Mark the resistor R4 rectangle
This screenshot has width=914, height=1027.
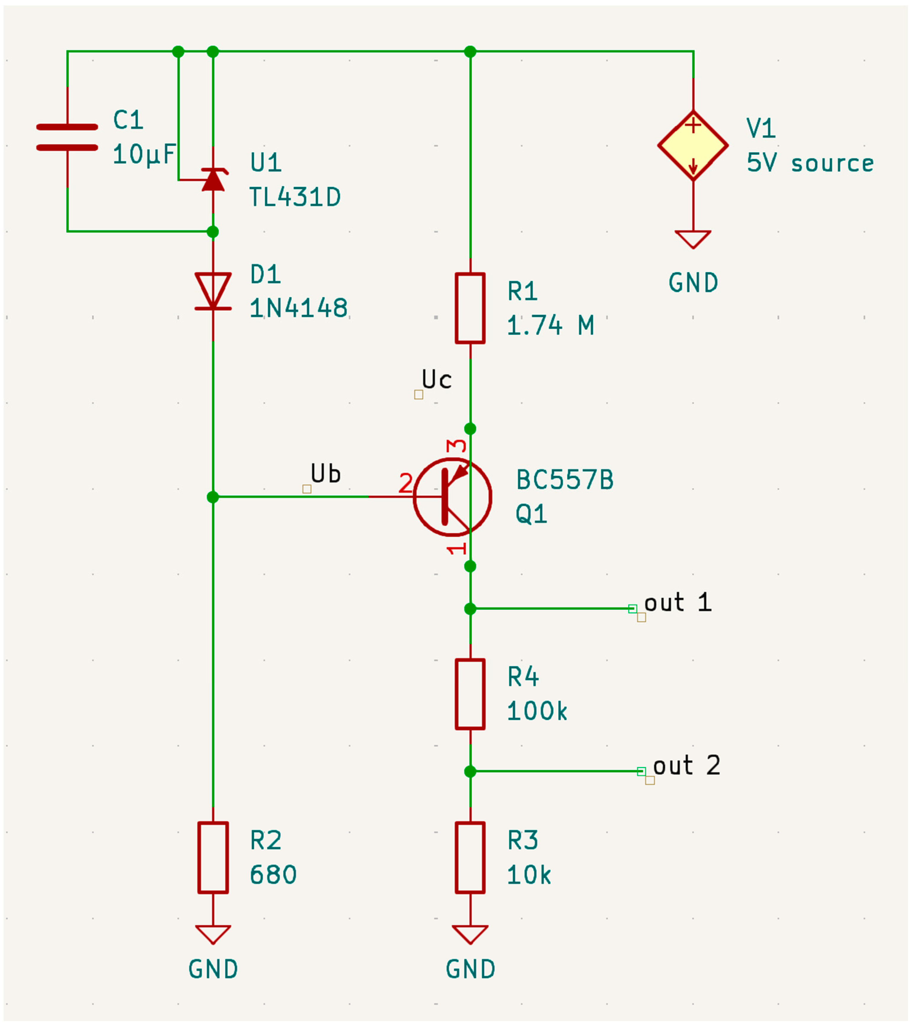[x=470, y=694]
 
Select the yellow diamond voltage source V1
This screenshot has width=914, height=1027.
[x=693, y=146]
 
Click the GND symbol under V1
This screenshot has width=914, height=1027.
[x=693, y=239]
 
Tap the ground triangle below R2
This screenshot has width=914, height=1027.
[x=213, y=934]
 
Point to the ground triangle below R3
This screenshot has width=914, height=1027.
[x=470, y=934]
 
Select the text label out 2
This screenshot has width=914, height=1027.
[x=686, y=765]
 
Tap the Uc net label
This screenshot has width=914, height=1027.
[x=437, y=380]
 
